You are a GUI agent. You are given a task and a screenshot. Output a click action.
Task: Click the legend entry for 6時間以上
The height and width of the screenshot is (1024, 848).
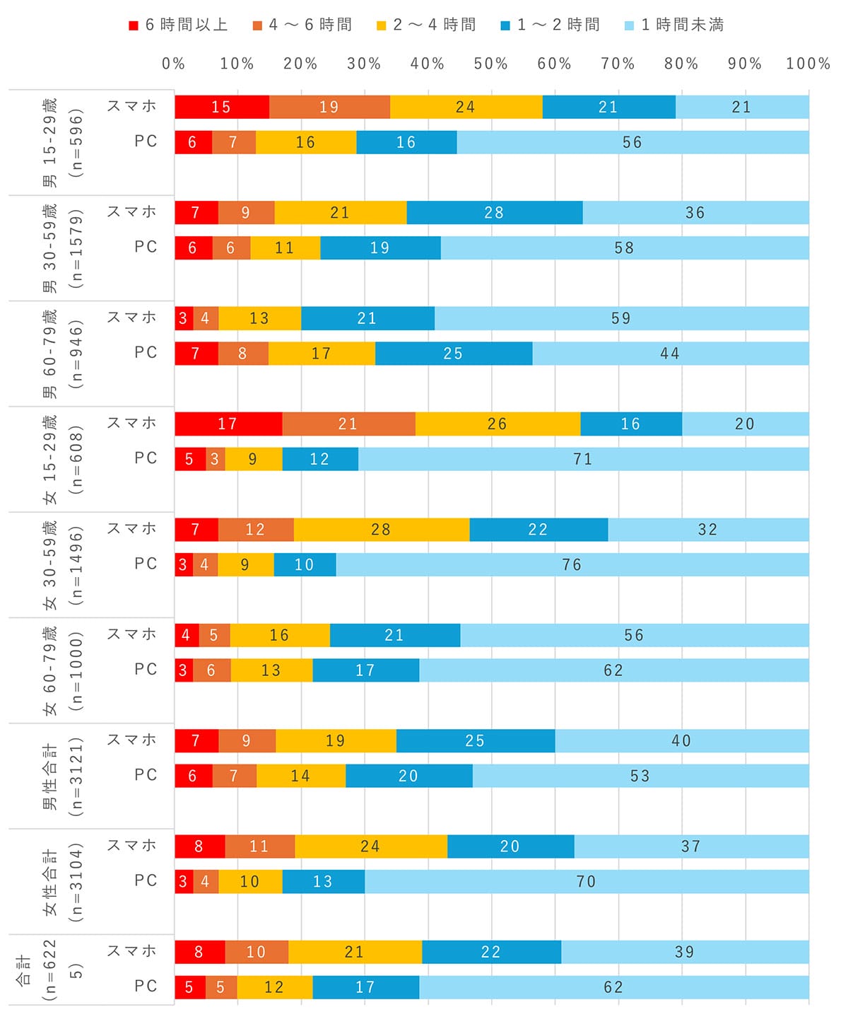pos(179,25)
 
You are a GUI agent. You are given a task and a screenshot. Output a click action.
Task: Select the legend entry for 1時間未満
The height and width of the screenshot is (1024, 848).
pos(675,25)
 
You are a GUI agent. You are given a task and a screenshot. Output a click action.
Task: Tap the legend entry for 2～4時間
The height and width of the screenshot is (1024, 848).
pos(427,25)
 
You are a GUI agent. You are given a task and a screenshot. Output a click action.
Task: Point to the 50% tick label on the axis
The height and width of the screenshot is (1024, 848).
pos(490,64)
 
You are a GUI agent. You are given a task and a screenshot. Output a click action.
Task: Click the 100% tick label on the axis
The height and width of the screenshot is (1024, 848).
pos(808,64)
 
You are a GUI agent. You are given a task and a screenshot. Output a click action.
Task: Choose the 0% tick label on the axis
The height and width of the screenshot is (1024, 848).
pos(174,64)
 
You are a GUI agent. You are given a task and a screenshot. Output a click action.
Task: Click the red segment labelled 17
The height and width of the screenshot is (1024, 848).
pos(228,424)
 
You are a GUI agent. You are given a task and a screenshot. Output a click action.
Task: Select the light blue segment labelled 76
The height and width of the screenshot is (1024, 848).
pos(572,564)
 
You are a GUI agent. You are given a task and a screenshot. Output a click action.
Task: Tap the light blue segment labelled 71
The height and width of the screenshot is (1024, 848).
pos(583,459)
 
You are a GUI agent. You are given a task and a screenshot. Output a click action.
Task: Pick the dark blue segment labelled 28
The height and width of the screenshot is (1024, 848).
pos(495,212)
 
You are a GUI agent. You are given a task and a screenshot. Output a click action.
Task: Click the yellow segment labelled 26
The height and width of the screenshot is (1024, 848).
pos(497,424)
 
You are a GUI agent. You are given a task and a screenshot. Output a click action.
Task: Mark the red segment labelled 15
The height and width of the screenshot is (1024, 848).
pos(222,107)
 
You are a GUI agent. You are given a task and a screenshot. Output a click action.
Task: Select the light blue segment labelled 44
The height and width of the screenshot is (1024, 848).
pos(670,353)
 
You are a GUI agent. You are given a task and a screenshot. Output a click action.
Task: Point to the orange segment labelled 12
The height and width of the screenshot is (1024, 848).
pos(256,529)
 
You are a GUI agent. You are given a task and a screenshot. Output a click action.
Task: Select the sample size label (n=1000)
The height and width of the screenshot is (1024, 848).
pos(76,670)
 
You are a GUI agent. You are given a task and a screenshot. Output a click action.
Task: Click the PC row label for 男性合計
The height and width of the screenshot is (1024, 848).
pos(146,775)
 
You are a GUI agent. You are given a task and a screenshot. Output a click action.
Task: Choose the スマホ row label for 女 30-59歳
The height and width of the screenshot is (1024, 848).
pos(132,528)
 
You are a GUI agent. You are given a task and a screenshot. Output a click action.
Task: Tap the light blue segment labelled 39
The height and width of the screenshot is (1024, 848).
pos(684,952)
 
